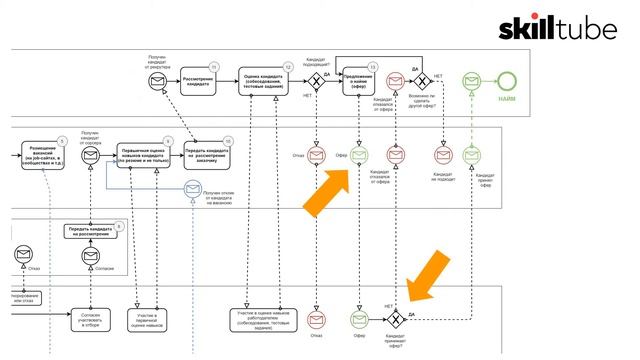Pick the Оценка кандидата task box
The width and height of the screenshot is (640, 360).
(265, 81)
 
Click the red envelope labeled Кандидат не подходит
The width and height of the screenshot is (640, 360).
(443, 155)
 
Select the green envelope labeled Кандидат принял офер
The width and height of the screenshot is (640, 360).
(471, 155)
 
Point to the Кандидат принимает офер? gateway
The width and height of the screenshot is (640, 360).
(397, 319)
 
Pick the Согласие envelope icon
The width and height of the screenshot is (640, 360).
(90, 257)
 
